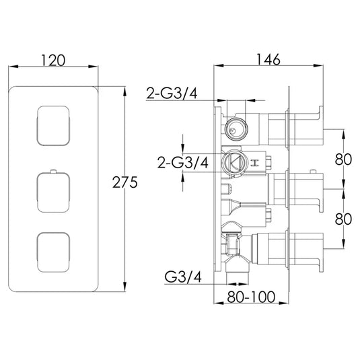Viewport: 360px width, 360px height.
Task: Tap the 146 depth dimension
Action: point(268,59)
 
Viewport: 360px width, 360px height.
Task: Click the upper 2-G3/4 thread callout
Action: point(172,94)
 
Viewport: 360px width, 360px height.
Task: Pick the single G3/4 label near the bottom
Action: point(184,275)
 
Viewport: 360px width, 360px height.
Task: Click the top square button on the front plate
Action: point(52,125)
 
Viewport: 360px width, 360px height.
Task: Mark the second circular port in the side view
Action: point(235,161)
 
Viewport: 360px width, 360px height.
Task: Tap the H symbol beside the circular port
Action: point(255,161)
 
